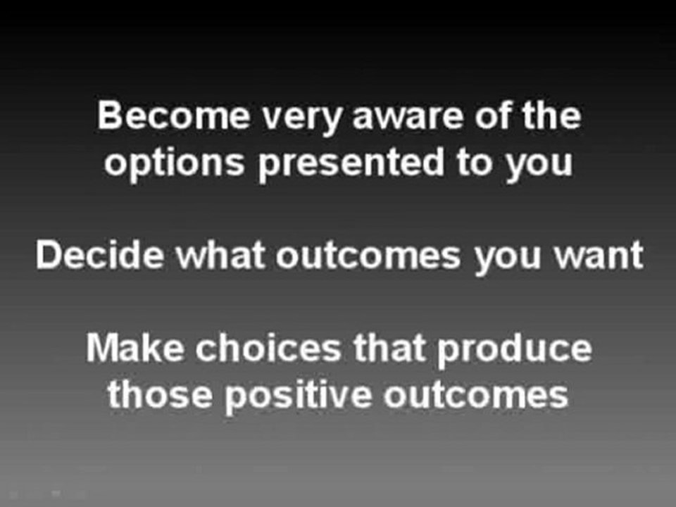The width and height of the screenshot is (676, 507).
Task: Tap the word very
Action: coord(302,120)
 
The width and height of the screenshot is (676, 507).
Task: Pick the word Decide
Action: coord(99,255)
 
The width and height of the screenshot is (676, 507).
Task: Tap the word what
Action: coord(220,255)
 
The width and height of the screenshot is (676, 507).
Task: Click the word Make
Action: coord(134,348)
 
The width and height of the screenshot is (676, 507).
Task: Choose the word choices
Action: coord(268,348)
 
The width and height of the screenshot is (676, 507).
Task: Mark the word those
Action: coord(160,394)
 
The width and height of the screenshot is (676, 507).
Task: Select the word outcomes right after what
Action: coord(368,256)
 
